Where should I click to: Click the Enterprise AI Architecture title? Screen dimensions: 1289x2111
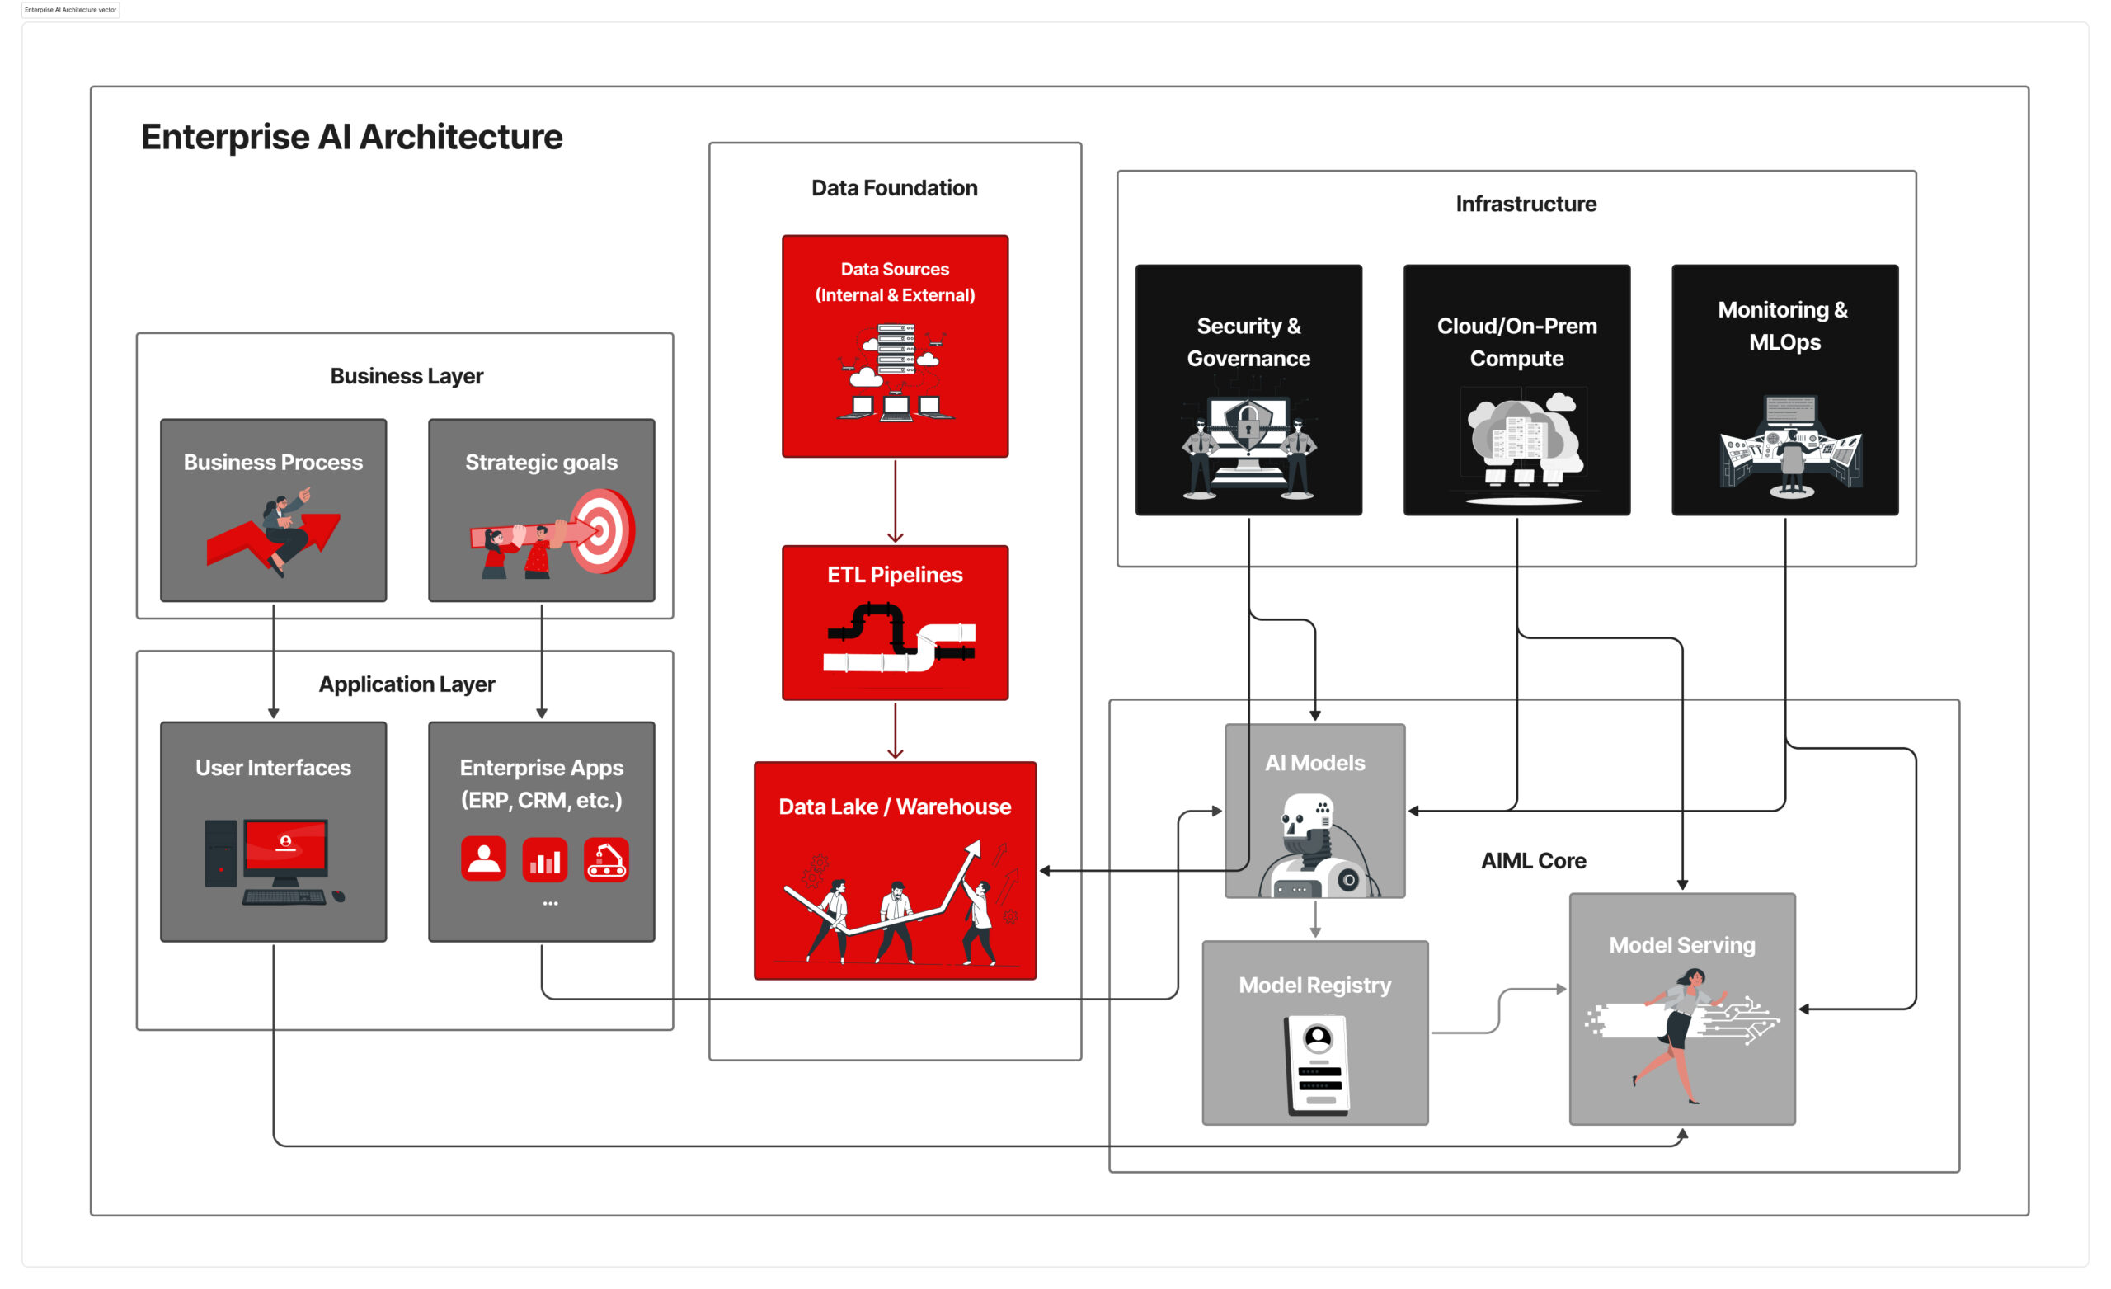point(351,137)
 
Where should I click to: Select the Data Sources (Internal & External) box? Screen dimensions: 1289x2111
point(895,346)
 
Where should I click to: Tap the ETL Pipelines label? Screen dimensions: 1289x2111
point(895,575)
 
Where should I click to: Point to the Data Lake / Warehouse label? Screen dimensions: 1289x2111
point(895,807)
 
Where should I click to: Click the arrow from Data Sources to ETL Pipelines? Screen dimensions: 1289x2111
point(896,501)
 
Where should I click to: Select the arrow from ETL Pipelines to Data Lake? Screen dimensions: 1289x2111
point(896,731)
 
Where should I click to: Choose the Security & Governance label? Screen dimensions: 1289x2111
point(1248,342)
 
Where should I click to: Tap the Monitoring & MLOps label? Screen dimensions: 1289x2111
point(1784,326)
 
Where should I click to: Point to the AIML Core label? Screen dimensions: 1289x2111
point(1534,860)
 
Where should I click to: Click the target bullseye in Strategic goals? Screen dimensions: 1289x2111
point(602,530)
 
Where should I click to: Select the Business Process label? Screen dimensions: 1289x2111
point(273,463)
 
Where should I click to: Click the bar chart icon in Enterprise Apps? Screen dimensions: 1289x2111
point(545,859)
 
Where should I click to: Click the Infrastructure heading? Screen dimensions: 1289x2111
point(1526,204)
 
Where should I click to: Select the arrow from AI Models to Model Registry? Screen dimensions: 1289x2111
point(1315,919)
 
